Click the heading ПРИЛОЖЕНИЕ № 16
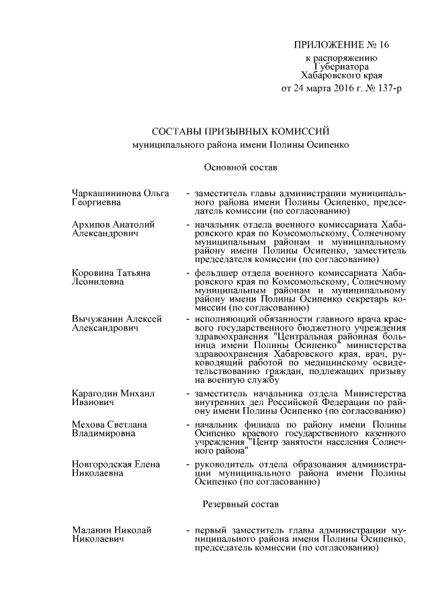point(341,45)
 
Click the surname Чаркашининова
point(105,193)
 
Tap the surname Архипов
point(90,224)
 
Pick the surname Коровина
point(93,273)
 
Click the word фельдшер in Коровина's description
point(216,273)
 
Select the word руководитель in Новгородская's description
point(222,464)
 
